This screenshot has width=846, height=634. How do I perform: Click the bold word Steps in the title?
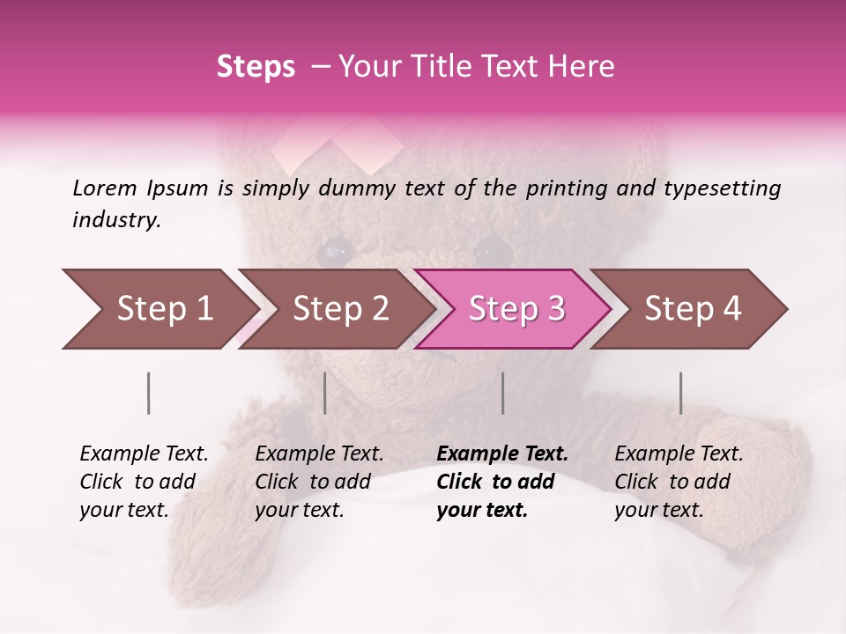tap(256, 67)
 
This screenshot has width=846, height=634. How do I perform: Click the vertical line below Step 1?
tap(148, 393)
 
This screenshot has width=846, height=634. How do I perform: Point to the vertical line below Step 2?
tap(325, 393)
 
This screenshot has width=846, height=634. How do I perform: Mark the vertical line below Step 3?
tap(502, 393)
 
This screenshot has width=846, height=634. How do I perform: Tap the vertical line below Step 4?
tap(680, 393)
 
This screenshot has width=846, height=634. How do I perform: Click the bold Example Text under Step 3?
tap(502, 454)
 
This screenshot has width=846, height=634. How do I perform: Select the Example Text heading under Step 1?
tap(144, 454)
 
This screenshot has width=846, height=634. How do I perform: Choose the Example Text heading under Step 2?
tap(319, 454)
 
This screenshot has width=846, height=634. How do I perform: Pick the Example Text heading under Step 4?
tap(679, 454)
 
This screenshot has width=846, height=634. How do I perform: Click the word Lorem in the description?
tap(105, 188)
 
